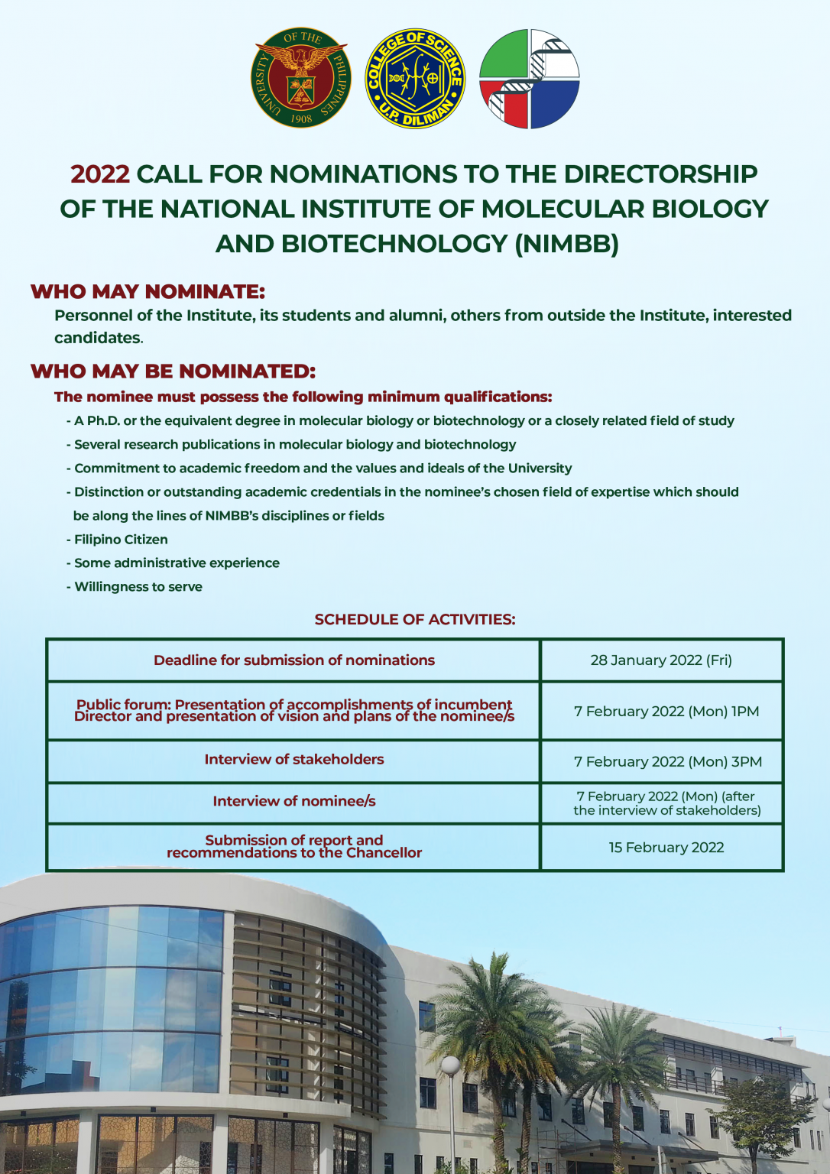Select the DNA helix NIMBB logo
pos(529,79)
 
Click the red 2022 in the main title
pos(100,174)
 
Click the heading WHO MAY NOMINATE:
pos(148,291)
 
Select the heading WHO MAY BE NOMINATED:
pos(173,371)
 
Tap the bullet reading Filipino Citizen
pos(117,540)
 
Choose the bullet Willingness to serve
pos(135,586)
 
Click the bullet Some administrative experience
pos(173,563)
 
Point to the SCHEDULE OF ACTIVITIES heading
pos(415,620)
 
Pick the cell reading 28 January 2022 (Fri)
pos(661,660)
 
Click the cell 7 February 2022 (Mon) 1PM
pos(666,712)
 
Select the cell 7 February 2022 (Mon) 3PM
pos(668,761)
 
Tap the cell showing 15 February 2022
pos(666,848)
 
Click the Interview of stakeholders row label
pos(294,760)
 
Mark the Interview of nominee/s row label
pos(294,801)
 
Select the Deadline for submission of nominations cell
pos(294,660)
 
